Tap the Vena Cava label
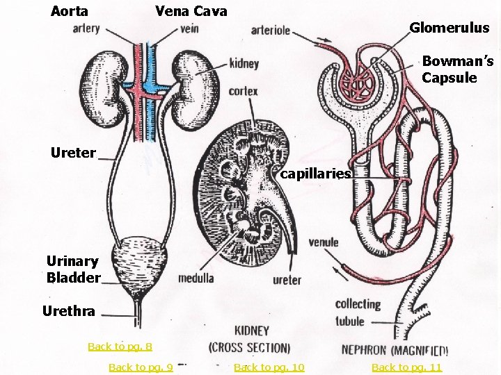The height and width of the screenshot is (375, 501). click(x=191, y=11)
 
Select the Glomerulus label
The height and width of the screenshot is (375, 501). click(x=449, y=28)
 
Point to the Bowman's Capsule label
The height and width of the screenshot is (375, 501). click(x=457, y=69)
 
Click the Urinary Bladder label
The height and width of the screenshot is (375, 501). click(x=72, y=269)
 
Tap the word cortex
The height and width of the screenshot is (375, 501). click(x=243, y=91)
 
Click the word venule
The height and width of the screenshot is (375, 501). click(x=324, y=242)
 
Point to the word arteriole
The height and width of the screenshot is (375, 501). click(x=271, y=31)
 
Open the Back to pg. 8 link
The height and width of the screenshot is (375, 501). click(x=120, y=346)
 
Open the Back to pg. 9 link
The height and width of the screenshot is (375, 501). click(x=141, y=367)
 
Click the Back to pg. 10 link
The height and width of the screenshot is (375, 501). click(x=269, y=367)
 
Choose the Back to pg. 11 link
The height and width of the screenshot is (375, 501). click(x=406, y=367)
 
